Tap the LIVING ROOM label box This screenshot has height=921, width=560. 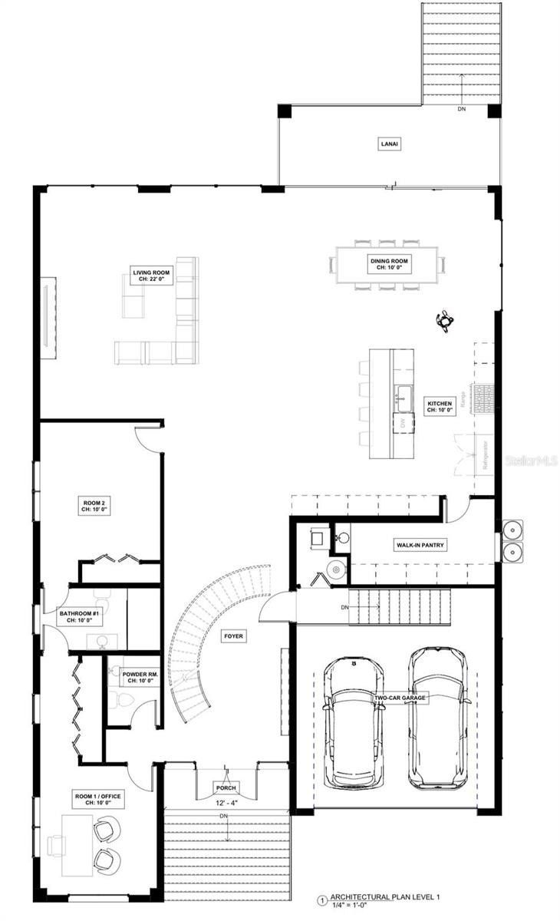coord(151,276)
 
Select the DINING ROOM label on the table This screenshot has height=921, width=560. coord(390,265)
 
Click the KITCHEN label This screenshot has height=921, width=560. coord(440,407)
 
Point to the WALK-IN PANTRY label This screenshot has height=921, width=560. coord(420,545)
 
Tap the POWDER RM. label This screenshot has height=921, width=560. coord(140,677)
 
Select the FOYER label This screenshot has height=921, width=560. coord(234,636)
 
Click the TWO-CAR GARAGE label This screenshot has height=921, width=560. coord(400,698)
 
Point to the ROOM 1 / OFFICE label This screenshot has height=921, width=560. coord(97,800)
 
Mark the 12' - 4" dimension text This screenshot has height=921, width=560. coord(227,803)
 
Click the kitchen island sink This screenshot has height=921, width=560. coord(404,396)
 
